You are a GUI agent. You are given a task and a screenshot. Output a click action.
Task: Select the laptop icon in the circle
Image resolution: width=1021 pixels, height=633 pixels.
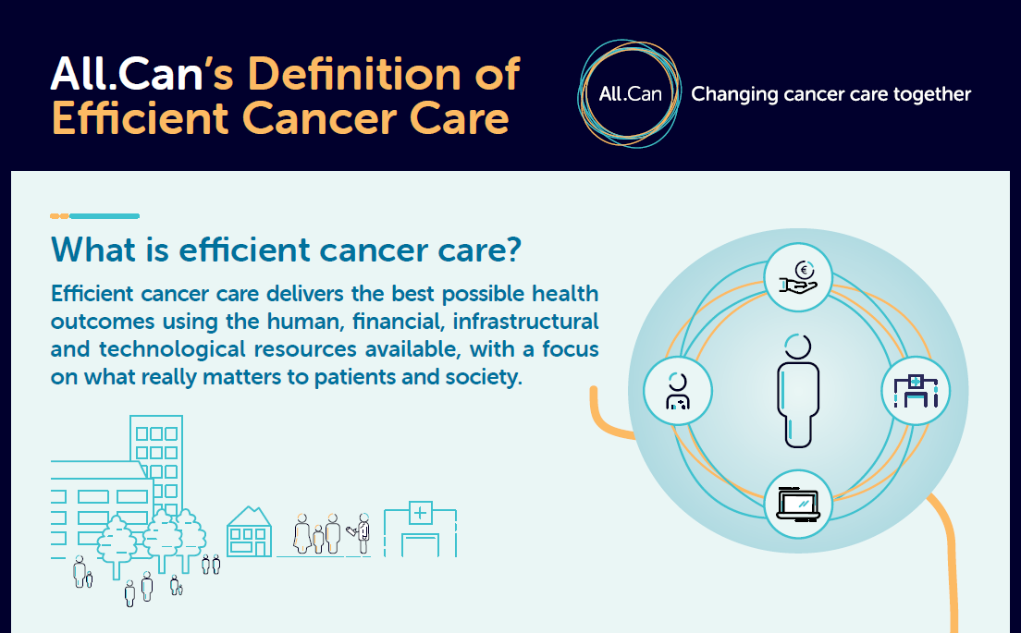click(x=797, y=504)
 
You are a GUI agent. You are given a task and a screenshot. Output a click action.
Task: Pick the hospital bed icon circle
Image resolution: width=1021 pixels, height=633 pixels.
click(x=916, y=391)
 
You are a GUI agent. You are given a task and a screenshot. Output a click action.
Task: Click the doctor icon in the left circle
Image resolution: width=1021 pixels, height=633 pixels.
click(x=678, y=391)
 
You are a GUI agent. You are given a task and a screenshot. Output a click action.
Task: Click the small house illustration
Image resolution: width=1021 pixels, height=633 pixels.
click(x=249, y=531)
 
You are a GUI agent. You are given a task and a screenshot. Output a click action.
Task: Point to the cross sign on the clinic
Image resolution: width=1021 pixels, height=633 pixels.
click(x=420, y=513)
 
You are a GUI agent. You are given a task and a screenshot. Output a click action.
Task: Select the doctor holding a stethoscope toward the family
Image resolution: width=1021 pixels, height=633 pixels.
click(x=362, y=533)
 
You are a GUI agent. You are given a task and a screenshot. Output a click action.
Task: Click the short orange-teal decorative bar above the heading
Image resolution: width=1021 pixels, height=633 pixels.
click(x=95, y=216)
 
